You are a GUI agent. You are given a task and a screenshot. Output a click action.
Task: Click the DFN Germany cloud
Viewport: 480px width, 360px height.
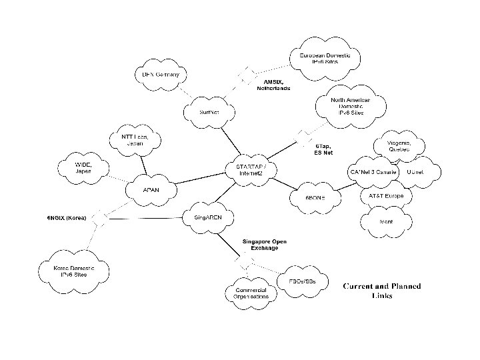coord(157,75)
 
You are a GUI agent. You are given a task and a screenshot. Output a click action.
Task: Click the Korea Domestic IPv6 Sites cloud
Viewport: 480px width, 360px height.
coord(75,270)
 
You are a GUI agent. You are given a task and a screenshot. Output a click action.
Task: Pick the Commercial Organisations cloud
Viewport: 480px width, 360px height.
coord(249,294)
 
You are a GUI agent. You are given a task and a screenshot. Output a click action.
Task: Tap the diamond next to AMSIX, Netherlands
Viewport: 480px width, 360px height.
coord(248,75)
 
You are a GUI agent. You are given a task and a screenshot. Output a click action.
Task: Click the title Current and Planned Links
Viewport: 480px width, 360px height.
coord(382,291)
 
